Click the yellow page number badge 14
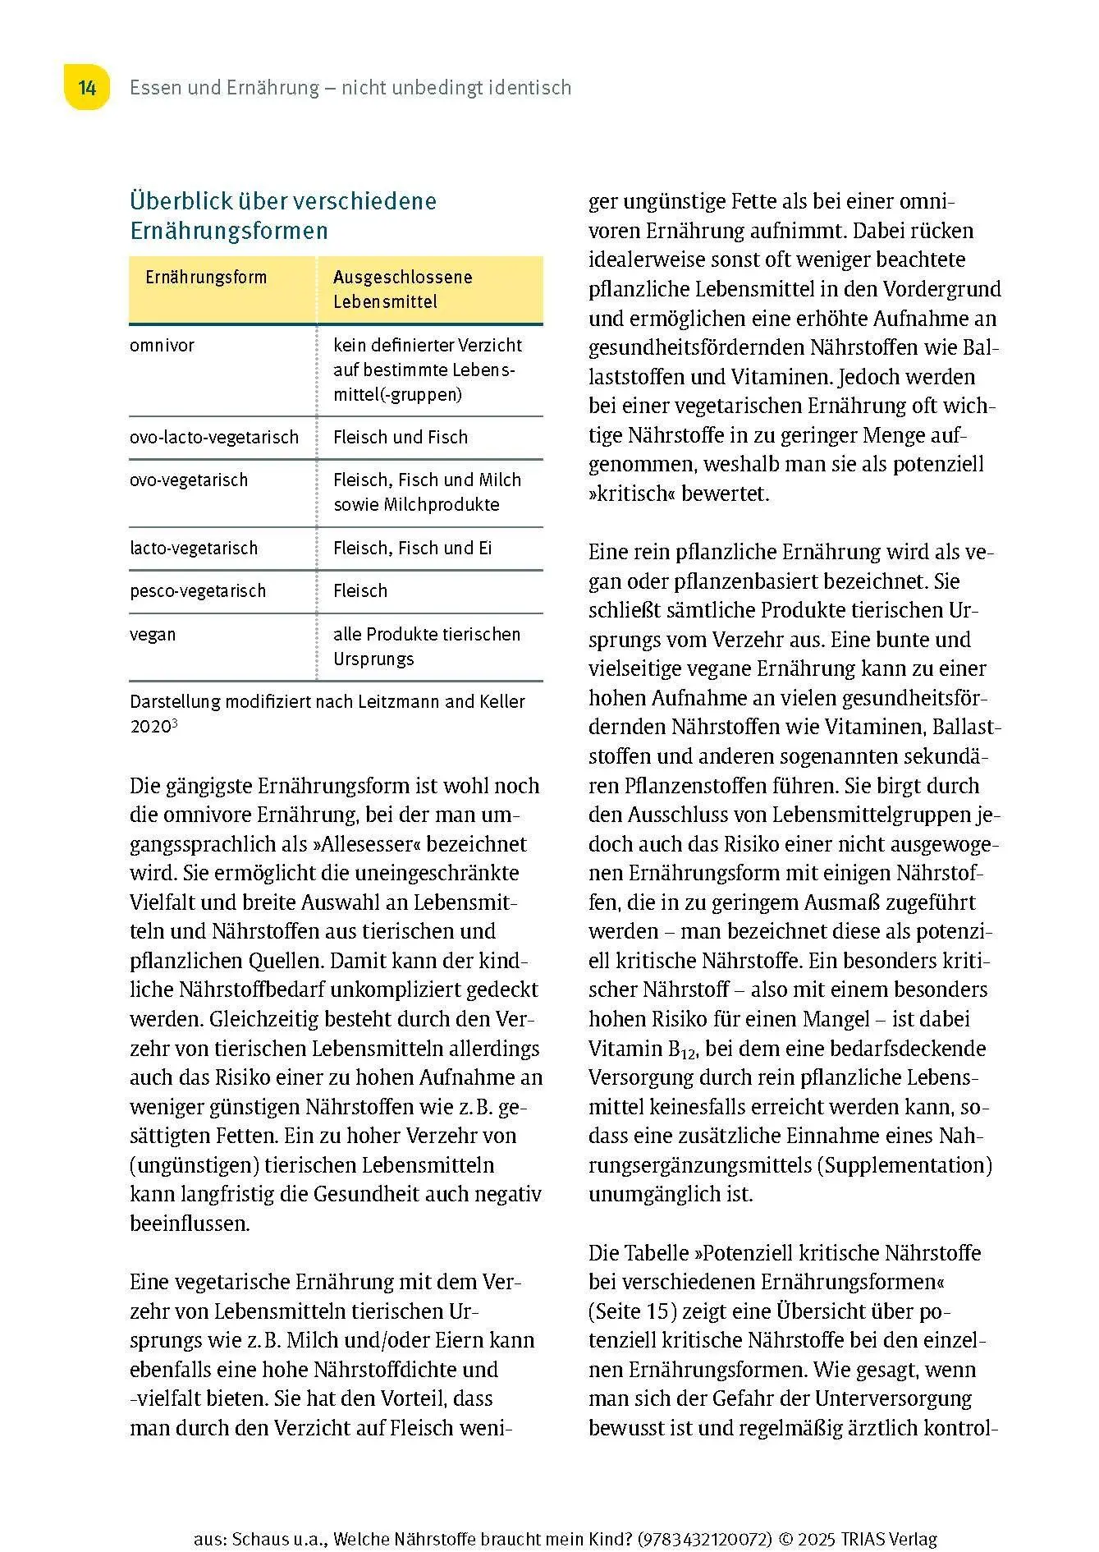point(87,88)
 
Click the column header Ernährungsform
point(206,278)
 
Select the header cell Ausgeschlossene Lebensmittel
point(402,289)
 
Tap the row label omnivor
point(163,346)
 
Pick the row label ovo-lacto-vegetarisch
point(214,438)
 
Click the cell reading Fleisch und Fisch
point(401,438)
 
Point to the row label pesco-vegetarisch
point(198,591)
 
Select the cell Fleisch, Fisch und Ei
point(412,549)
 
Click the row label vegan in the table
point(153,635)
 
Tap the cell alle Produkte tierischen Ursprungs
point(426,647)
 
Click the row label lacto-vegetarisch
point(194,549)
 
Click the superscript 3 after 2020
point(176,723)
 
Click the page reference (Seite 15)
point(633,1311)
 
